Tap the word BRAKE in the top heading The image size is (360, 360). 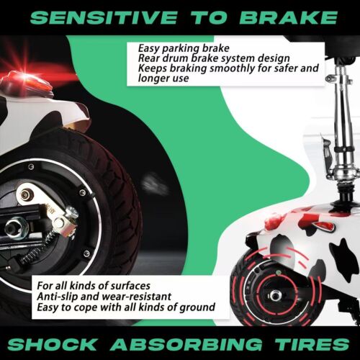click(x=289, y=17)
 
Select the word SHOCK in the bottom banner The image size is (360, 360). click(x=52, y=344)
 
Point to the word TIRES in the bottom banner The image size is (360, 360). click(x=312, y=344)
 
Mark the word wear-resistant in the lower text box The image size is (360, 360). click(x=137, y=297)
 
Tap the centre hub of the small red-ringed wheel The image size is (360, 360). click(x=275, y=295)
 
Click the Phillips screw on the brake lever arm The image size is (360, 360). click(x=71, y=212)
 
